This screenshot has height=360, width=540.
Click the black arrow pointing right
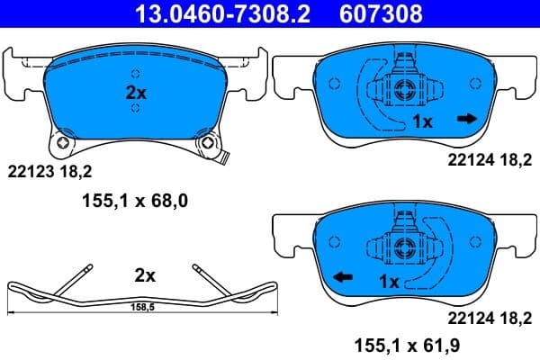point(466,118)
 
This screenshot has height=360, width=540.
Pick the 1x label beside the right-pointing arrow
point(422,121)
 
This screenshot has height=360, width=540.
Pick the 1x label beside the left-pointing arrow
point(388,282)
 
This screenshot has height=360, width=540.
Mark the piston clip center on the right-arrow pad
point(403,87)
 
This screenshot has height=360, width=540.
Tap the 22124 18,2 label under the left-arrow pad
point(483,317)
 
